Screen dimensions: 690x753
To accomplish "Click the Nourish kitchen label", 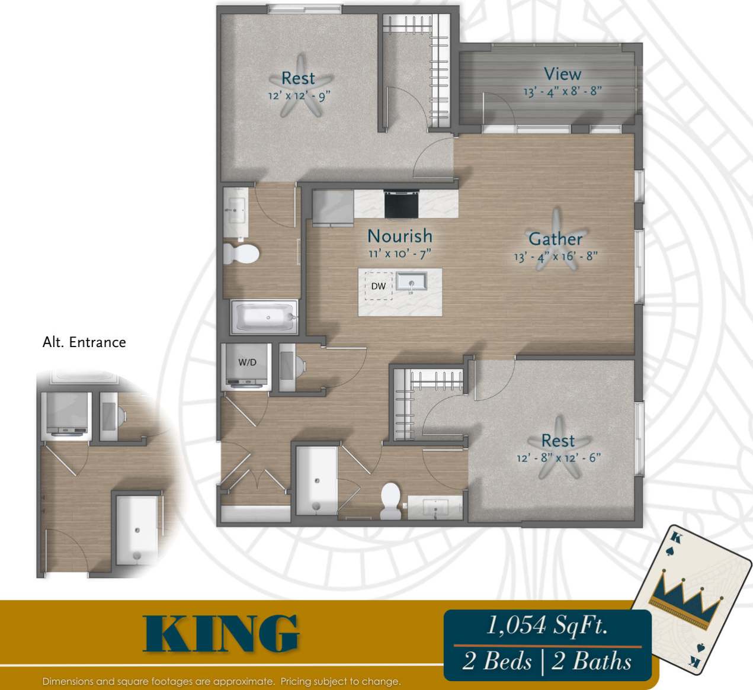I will [400, 236].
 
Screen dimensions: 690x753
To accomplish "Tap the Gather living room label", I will [555, 239].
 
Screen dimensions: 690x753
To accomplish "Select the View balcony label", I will [562, 74].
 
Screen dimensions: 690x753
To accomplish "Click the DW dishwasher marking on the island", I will [379, 286].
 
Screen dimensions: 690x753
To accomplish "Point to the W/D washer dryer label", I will [247, 362].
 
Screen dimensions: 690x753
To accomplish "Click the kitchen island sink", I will [412, 283].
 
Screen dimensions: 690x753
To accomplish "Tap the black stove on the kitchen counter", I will [401, 204].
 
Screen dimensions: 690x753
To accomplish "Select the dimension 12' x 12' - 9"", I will [299, 95].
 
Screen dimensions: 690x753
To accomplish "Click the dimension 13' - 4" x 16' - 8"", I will [555, 256].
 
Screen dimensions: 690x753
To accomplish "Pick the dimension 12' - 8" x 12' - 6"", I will [558, 458].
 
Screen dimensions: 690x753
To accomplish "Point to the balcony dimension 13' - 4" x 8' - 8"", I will [562, 92].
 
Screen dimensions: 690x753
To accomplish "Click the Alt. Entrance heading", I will [84, 342].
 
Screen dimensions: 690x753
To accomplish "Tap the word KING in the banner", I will [221, 634].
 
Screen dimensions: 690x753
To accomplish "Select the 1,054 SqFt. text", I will [547, 625].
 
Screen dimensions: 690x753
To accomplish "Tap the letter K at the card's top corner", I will [674, 538].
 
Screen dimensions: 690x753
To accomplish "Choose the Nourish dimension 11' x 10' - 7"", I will [400, 253].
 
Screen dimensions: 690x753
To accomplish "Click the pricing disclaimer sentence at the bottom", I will [222, 682].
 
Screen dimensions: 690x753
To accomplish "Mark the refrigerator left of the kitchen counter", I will [332, 207].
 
